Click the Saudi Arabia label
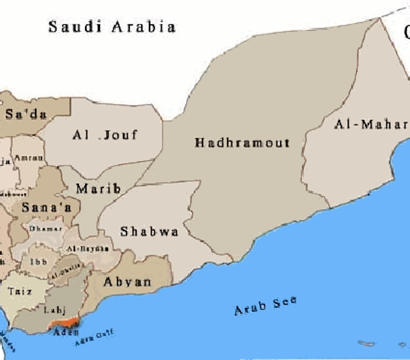pos(112,27)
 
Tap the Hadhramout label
pos(241,143)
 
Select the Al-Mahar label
pos(370,125)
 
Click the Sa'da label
pos(25,115)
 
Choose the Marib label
pos(98,188)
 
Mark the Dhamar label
pos(39,228)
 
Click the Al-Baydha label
pos(83,249)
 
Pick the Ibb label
pos(38,262)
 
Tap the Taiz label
pos(20,290)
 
